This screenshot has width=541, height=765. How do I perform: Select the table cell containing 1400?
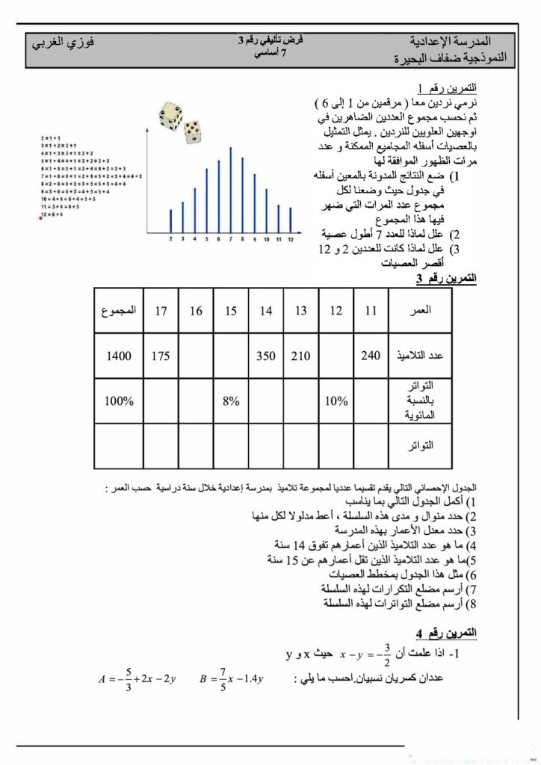[x=119, y=356]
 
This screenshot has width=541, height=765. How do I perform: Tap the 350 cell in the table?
[x=266, y=356]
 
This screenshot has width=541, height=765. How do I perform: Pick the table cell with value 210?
[x=301, y=356]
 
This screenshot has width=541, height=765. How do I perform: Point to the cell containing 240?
[x=371, y=356]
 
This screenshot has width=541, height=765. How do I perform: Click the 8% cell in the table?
[x=231, y=401]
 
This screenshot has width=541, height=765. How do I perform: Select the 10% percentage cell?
[x=336, y=401]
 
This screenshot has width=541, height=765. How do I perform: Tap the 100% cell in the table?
[x=119, y=401]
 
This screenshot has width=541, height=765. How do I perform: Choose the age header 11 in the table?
[x=371, y=311]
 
